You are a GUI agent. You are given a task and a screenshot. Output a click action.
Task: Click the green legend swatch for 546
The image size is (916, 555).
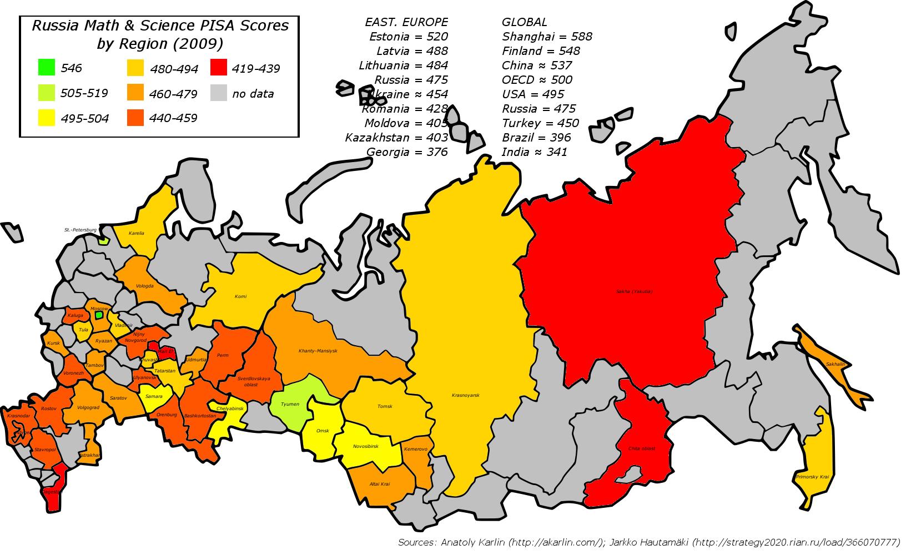click(47, 67)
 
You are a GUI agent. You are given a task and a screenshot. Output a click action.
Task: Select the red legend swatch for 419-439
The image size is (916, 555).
click(219, 68)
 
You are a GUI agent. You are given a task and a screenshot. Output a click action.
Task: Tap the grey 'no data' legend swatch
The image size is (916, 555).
click(219, 93)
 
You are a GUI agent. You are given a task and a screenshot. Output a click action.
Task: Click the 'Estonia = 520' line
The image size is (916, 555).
click(408, 37)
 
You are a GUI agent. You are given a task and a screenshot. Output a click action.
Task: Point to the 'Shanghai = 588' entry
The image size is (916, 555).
click(547, 37)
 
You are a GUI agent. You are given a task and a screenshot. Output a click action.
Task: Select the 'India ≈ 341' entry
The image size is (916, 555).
click(535, 152)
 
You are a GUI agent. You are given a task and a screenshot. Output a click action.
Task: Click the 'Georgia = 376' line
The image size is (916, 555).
click(407, 152)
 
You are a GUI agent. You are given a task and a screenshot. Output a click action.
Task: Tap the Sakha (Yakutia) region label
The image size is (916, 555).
click(634, 291)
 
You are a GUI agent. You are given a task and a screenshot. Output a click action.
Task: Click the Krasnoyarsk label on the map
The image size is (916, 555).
click(465, 395)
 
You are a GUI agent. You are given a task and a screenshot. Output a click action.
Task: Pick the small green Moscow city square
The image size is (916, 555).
click(98, 315)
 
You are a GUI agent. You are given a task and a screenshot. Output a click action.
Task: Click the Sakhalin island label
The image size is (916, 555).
click(835, 364)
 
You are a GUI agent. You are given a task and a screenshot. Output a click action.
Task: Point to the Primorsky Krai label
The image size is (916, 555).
click(812, 477)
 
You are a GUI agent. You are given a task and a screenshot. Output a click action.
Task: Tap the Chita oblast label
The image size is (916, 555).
click(641, 448)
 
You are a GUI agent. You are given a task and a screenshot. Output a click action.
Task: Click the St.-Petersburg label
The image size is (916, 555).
click(80, 229)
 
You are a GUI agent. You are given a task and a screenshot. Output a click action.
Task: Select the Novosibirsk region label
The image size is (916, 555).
click(365, 446)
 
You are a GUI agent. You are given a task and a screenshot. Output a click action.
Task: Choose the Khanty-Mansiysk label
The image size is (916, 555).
click(318, 351)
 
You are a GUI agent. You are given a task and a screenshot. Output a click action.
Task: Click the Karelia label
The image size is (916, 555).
click(136, 233)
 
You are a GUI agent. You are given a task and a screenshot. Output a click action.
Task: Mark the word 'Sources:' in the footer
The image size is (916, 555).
click(416, 542)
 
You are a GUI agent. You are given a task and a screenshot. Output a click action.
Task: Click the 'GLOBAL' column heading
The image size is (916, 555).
click(524, 22)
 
